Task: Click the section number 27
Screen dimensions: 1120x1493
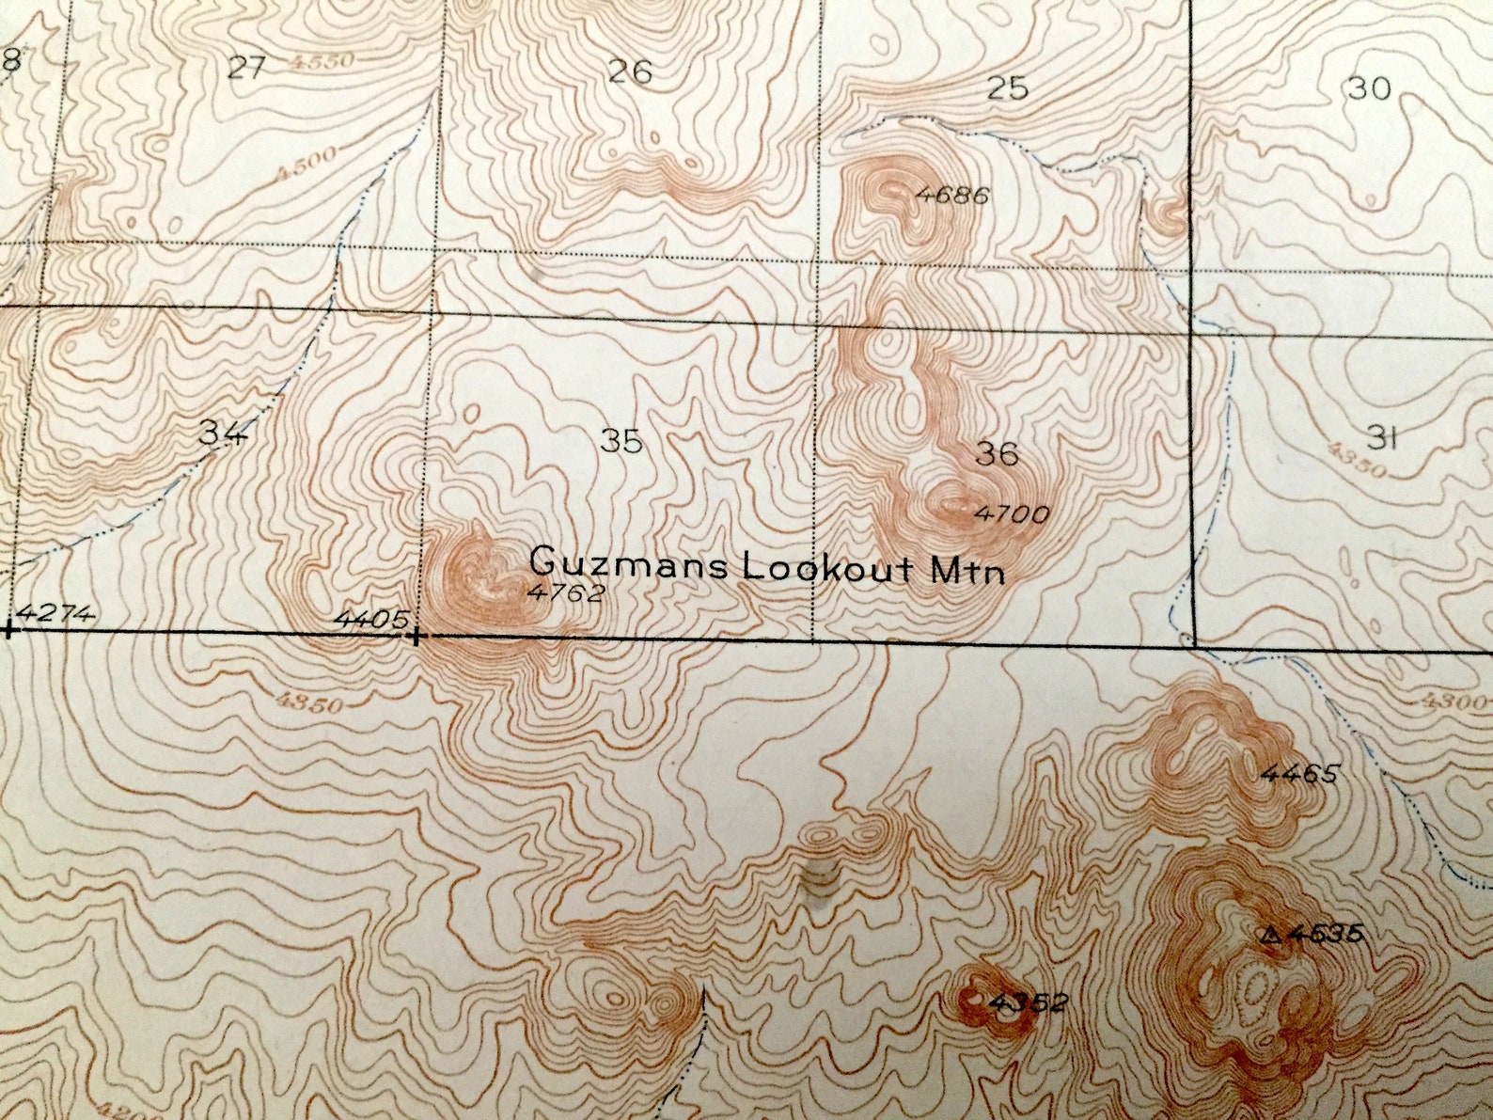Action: [x=248, y=67]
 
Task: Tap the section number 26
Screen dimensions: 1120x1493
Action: [x=630, y=71]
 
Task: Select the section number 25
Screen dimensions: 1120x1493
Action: [x=1007, y=88]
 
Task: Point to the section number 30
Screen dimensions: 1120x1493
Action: [x=1368, y=88]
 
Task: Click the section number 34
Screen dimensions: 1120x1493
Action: [x=223, y=433]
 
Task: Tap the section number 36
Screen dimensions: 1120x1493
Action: [x=997, y=454]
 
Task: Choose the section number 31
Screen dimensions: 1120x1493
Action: [x=1379, y=436]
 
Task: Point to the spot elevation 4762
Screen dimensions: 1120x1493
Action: [x=565, y=592]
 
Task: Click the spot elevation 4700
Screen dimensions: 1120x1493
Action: [x=1011, y=513]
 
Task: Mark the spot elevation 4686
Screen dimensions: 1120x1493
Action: [x=951, y=196]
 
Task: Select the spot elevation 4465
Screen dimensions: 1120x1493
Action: [x=1298, y=774]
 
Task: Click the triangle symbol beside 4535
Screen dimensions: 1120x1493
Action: [x=1271, y=935]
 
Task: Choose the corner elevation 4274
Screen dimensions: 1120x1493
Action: [x=56, y=614]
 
